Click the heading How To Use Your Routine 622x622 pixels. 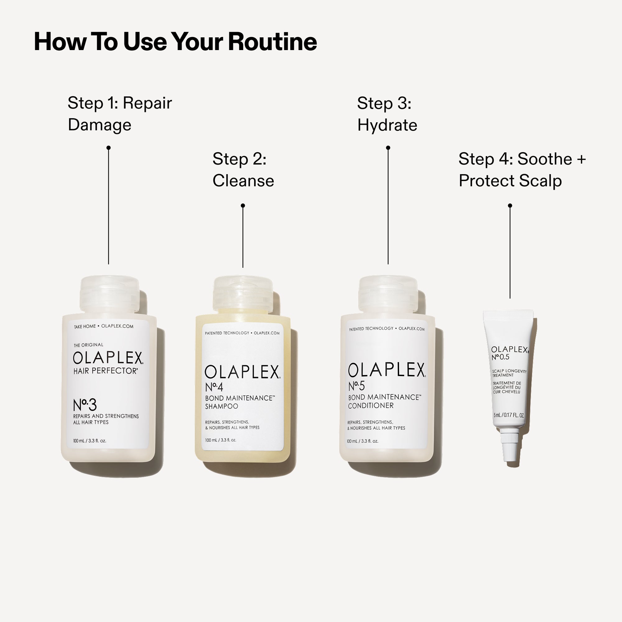tap(175, 42)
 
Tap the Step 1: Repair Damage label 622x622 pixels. tap(120, 114)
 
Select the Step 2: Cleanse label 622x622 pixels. tap(243, 170)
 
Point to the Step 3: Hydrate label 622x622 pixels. tap(387, 114)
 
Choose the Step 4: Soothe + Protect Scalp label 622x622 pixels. tap(522, 170)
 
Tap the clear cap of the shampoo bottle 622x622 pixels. tap(243, 295)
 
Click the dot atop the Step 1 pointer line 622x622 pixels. tap(109, 148)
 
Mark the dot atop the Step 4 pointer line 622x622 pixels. tap(510, 206)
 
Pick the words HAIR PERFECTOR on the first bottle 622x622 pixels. tap(106, 371)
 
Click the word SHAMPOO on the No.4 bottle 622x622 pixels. tap(221, 406)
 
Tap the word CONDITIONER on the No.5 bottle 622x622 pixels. tap(371, 406)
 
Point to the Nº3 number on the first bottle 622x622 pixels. tap(85, 405)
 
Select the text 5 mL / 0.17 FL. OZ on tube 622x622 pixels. tap(509, 415)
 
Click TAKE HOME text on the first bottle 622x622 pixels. tap(85, 327)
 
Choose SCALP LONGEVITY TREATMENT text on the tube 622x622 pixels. tap(509, 373)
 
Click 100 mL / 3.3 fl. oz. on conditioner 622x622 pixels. tap(363, 441)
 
